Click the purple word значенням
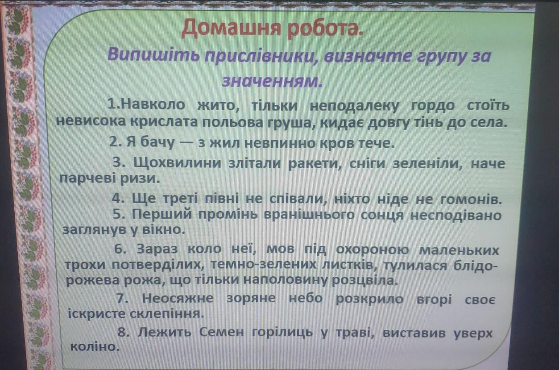(x=272, y=81)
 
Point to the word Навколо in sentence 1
(x=153, y=104)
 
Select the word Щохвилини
(x=178, y=164)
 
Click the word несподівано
(x=455, y=215)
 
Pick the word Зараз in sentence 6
(x=157, y=249)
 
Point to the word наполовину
(x=285, y=280)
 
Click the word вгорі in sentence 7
(x=434, y=299)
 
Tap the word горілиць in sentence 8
(x=282, y=333)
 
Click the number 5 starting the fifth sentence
(x=117, y=214)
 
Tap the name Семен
(x=221, y=332)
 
